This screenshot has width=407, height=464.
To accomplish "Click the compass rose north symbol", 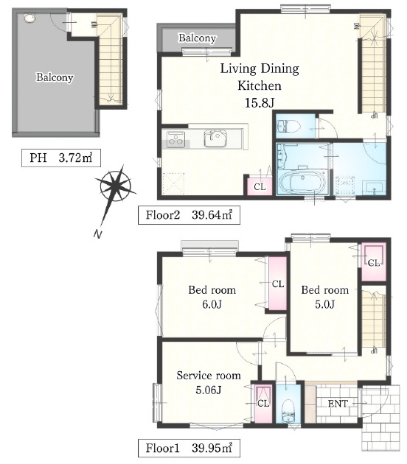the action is point(115,186).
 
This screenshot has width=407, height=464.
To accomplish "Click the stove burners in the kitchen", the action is point(176,139).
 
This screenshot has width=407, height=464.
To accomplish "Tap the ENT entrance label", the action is point(338,404).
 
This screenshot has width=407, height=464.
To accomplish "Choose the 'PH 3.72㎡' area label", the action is point(61,158).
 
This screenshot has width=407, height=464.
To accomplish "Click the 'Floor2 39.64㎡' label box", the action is point(189,215).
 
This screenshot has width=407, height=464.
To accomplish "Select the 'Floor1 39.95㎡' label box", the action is point(189,448).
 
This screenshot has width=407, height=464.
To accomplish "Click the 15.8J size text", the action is point(260,103).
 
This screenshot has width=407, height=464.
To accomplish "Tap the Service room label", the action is point(209,375).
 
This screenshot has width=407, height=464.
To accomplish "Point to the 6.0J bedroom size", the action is point(212,304).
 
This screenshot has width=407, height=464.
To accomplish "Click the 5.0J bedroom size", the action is point(325,304).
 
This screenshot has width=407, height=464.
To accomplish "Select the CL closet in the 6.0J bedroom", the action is point(277,284).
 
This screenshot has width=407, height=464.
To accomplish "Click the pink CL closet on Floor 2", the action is point(260,187).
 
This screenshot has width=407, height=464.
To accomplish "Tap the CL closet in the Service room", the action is point(263,403).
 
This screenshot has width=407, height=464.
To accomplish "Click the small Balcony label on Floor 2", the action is point(198,38).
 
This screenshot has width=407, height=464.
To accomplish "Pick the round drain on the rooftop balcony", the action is point(29,18).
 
